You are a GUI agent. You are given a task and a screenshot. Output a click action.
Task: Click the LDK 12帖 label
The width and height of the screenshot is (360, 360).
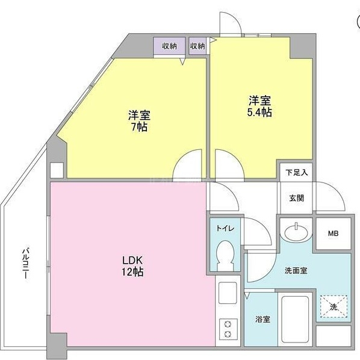point(132,266)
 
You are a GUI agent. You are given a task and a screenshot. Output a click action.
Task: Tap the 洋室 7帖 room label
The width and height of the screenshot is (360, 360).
point(139,121)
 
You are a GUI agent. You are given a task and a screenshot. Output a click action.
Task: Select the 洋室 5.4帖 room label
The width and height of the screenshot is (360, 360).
point(259,107)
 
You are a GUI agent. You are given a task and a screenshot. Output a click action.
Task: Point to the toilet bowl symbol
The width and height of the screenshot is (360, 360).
point(225,255)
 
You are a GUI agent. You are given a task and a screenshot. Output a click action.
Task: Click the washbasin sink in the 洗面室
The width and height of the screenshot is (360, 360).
point(296,232)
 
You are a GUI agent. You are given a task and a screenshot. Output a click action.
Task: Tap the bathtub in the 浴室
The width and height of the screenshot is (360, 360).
point(295,319)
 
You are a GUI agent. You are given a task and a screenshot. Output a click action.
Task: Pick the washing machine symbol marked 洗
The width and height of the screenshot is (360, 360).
point(334,306)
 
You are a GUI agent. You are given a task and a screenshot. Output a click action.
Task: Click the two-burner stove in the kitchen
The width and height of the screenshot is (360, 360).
point(228,329)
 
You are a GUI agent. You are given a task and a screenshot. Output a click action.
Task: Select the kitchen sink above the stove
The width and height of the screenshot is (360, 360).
point(228,293)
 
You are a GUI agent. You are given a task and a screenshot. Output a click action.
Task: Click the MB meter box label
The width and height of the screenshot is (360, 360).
point(333,234)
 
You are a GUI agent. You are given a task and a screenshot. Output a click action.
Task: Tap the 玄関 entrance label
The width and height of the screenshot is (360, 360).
point(297,198)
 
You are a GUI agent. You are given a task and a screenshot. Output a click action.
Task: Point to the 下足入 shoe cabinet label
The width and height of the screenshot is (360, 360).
point(297,172)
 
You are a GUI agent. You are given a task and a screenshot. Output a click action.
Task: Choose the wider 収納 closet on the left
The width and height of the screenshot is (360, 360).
point(169,46)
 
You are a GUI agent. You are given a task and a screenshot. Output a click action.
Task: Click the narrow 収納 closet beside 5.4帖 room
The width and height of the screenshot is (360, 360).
point(197,46)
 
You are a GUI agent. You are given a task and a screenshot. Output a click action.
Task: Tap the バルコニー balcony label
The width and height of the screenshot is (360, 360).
point(25,263)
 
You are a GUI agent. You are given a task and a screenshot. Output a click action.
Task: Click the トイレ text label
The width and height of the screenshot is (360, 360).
point(225,228)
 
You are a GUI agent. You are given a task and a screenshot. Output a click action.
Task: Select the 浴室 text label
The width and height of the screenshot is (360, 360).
point(262,319)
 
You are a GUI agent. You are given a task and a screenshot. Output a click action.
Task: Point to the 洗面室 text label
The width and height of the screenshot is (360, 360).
point(296,271)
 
